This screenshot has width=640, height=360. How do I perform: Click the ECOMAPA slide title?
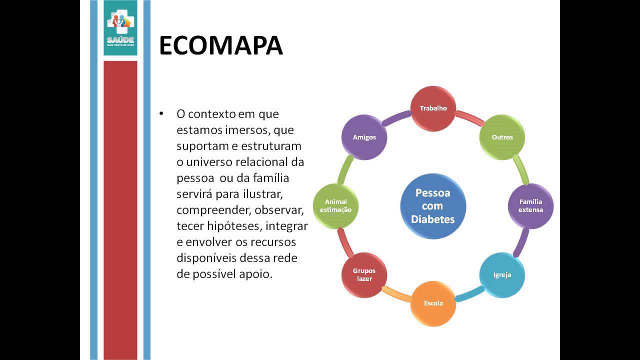[x=221, y=46]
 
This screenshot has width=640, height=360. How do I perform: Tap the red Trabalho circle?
[x=433, y=108]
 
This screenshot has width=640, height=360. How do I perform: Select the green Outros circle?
[x=502, y=137]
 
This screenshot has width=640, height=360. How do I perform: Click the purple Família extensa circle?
[x=530, y=206]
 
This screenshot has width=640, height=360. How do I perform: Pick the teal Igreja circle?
[x=502, y=275]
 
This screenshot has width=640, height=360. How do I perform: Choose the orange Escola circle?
[x=433, y=303]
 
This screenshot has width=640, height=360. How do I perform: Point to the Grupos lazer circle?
[x=364, y=275]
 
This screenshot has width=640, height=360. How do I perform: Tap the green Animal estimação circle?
[x=335, y=206]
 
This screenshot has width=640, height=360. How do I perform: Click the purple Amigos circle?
[x=364, y=137]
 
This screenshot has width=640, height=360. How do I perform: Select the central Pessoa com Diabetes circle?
[x=433, y=206]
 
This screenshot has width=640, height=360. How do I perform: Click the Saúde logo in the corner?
[x=120, y=27]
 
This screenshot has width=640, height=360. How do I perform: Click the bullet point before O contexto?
[x=161, y=114]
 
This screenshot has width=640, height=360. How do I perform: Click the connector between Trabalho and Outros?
[x=469, y=118]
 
